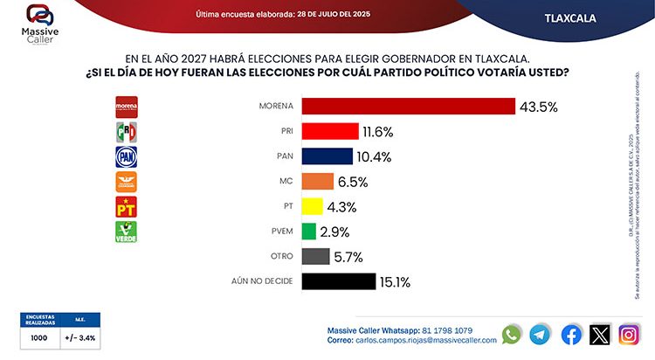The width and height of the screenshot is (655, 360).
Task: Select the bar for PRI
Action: pos(329,131)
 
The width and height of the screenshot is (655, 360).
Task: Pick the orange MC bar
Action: pos(317,182)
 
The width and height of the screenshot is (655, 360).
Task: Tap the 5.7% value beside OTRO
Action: pos(346,257)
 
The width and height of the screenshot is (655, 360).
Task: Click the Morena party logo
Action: pos(128,107)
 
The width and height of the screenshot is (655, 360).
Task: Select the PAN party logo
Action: pos(128,156)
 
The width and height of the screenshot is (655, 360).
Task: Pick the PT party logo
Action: pos(128,207)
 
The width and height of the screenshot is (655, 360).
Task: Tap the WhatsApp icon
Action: pos(512,334)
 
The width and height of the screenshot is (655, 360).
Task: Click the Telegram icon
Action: pos(541,334)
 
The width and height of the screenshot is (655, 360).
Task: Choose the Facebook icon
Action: pos(571,334)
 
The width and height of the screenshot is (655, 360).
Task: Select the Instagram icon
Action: pos(629,334)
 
